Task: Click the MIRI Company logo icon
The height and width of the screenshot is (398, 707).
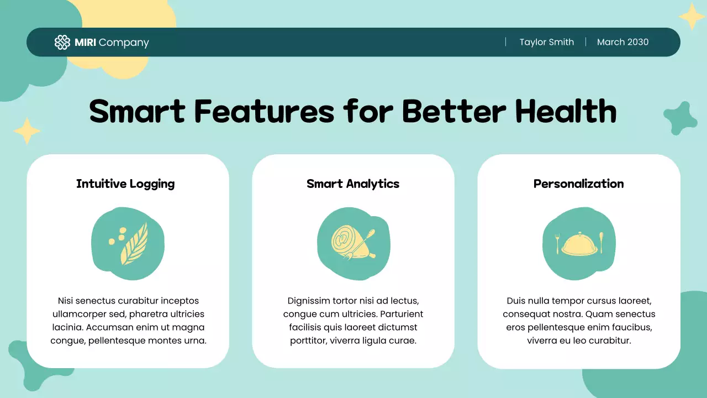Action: tap(62, 43)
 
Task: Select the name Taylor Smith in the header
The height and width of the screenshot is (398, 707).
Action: tap(546, 42)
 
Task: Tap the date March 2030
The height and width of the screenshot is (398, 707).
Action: tap(622, 42)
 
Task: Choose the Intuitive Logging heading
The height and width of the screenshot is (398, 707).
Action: tap(125, 184)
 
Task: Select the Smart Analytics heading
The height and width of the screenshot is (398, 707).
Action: tap(353, 184)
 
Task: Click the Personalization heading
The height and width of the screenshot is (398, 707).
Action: tap(578, 184)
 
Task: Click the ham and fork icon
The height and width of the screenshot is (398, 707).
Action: tap(352, 243)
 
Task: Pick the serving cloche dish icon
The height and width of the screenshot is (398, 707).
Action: tap(578, 244)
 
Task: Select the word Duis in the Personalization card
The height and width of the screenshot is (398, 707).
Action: tap(516, 301)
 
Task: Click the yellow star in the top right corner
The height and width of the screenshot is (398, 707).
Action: tap(691, 16)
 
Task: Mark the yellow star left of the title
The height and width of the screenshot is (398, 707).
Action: tap(27, 131)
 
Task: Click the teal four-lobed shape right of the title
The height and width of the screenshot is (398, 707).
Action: tap(680, 118)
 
